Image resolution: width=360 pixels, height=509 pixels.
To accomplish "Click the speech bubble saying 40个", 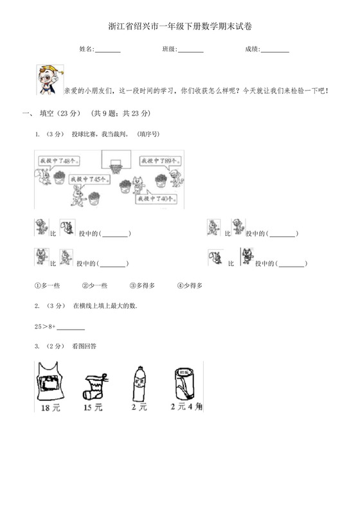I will coord(156,199).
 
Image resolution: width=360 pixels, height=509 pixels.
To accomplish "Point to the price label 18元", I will coord(50,407).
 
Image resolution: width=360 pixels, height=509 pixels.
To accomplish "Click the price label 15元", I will coord(93,407).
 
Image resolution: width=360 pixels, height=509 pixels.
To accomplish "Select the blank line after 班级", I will coord(190,50).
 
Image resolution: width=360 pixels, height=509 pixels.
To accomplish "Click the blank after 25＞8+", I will coord(71,328).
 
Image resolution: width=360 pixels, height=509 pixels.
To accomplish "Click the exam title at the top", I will coord(180,26).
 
